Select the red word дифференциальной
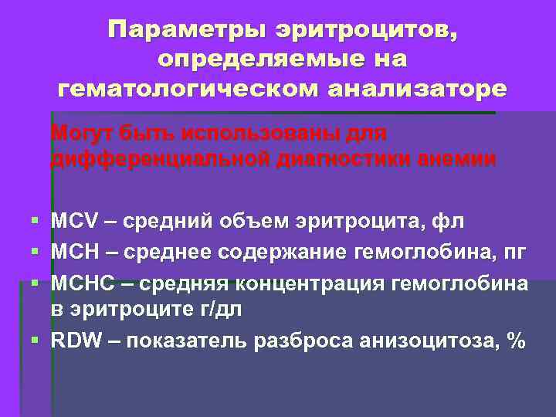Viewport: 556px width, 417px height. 160,159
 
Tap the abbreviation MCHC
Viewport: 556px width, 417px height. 80,282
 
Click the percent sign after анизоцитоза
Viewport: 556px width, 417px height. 514,341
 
